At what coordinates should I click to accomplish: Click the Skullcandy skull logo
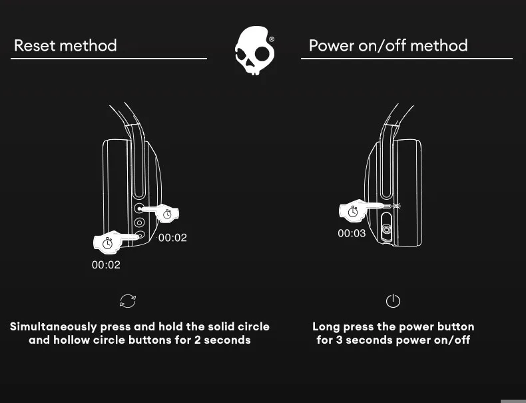253,51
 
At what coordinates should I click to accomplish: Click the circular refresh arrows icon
128,301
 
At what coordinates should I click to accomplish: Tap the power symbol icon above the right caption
393,301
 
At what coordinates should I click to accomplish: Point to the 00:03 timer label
352,233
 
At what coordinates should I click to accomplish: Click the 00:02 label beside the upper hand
172,238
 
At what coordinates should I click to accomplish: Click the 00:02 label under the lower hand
106,264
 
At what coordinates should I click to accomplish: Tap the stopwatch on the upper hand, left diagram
168,214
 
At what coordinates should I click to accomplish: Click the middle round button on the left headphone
140,223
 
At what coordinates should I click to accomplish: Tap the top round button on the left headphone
140,209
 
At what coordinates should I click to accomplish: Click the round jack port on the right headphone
386,232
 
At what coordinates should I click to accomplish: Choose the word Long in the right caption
326,326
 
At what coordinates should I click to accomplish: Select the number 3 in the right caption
339,340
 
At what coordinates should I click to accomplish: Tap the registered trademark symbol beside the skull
272,39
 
